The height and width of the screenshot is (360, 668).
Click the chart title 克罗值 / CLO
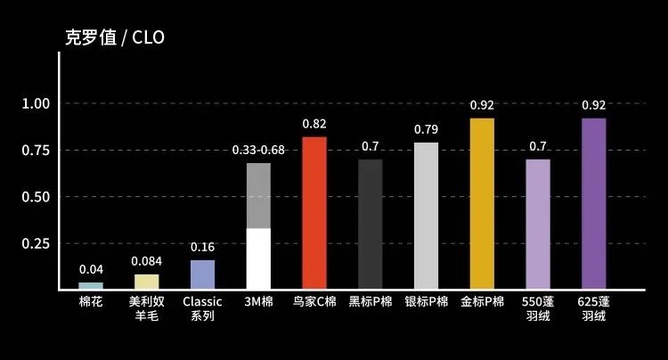coord(115,37)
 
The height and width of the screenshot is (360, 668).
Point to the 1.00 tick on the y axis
coord(35,103)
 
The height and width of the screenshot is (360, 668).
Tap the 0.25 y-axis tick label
coord(35,243)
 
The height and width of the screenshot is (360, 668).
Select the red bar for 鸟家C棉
coord(314,212)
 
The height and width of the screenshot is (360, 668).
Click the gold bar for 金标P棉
coord(482,203)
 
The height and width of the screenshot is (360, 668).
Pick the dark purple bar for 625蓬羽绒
coord(593,203)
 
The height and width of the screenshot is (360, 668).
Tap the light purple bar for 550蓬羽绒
coord(538,224)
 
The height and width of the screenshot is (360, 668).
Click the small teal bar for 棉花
coord(91,285)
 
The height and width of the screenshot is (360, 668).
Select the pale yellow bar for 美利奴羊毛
coord(147,282)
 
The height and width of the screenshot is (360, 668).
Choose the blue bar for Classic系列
coord(202,274)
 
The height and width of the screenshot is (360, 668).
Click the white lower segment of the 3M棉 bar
coord(258,258)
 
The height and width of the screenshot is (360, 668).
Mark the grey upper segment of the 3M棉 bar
coord(258,195)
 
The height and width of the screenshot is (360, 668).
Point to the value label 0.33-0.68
coord(258,149)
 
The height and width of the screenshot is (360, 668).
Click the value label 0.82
coord(314,123)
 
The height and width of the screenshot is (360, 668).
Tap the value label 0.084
coord(147,261)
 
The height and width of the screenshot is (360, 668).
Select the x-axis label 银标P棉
coord(426,302)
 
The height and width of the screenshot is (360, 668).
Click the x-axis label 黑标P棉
coord(370,302)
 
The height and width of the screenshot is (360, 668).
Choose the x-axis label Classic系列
coord(202,309)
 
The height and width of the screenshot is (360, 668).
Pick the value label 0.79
coord(426,129)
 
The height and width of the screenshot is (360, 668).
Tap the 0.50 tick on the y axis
coord(35,197)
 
